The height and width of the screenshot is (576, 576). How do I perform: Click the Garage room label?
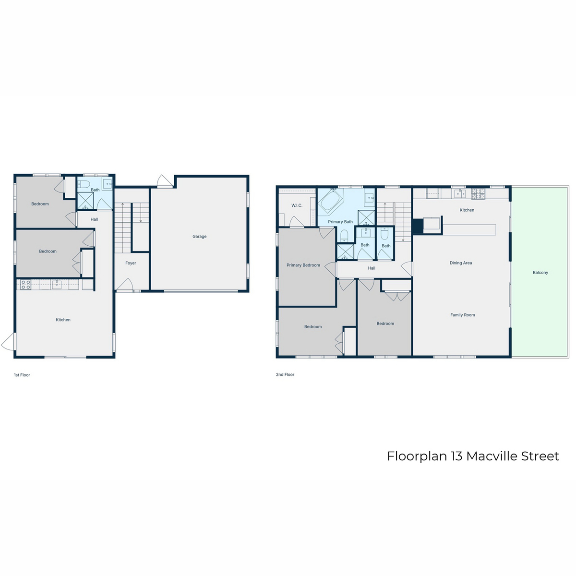199,237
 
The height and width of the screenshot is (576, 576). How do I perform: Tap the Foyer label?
131,263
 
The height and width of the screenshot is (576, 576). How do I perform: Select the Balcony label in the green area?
540,273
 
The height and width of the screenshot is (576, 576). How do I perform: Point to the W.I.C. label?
297,205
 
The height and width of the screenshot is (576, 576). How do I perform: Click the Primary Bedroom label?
303,265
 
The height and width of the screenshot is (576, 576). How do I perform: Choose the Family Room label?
462,315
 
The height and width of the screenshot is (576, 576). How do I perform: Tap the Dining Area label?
461,263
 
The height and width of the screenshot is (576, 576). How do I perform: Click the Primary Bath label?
340,222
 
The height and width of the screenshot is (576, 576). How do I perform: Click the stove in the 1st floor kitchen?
25,285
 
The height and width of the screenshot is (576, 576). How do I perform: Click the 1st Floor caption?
22,375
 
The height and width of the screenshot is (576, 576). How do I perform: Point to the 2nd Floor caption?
285,374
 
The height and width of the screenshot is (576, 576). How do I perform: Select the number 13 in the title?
457,456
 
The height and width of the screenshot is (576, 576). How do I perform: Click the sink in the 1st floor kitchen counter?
57,284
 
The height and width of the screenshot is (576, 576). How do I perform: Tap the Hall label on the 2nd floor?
372,268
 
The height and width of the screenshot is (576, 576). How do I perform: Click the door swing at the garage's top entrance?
165,181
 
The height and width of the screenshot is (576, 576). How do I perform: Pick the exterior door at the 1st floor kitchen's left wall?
8,341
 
